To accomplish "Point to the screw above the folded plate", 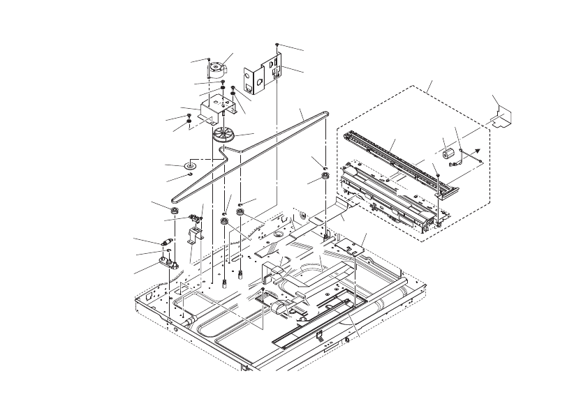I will coord(278,44).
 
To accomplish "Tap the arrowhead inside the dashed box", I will coord(476,150).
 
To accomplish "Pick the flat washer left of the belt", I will coord(189,166).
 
